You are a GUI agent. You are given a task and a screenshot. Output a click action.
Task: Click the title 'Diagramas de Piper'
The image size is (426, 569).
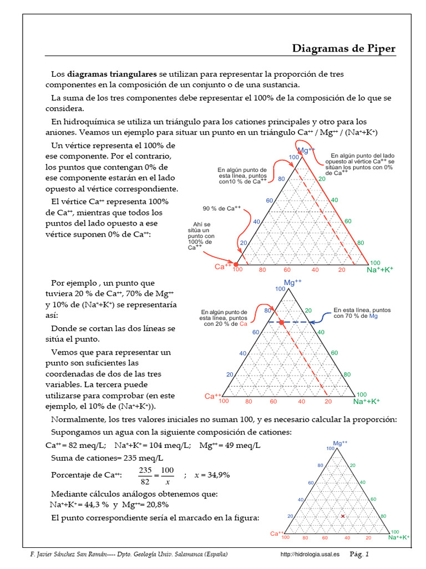344,49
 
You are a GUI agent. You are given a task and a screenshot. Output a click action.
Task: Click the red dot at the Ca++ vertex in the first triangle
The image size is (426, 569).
236,264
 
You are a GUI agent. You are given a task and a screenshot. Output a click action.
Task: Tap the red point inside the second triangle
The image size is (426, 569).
281,322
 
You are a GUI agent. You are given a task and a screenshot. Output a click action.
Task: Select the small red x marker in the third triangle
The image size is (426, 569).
343,516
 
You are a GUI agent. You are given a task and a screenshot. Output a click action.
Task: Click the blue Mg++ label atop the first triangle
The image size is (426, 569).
307,151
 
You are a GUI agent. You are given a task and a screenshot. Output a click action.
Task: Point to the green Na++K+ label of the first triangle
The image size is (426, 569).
380,269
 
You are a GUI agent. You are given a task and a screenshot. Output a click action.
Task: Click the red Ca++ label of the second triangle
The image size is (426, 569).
214,396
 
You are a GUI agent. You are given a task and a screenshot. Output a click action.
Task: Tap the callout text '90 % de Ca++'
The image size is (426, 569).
221,208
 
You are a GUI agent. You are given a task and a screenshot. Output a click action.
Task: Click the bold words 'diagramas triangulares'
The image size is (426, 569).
112,74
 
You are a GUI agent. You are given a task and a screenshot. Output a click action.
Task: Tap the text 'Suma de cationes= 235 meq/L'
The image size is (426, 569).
107,458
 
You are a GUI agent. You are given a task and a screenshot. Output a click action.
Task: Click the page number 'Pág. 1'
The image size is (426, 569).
359,554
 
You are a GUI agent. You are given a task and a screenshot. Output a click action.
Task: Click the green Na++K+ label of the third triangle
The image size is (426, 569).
399,537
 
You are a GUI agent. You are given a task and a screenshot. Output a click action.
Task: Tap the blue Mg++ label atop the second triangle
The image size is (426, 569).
292,283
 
